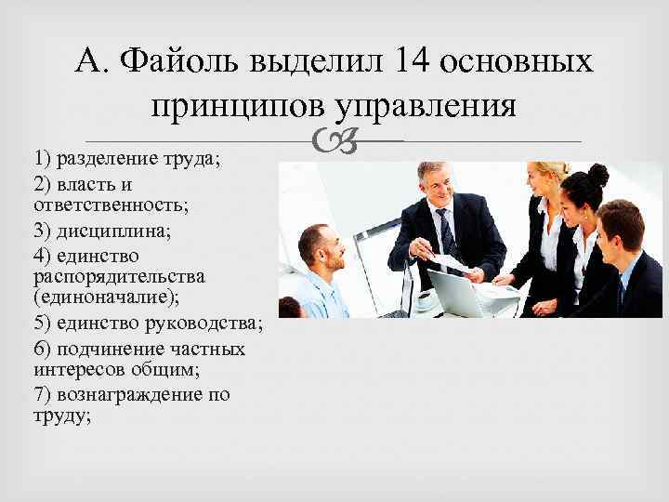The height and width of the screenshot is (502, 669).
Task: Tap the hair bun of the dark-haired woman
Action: coord(598,173)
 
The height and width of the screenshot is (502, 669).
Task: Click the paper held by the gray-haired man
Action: coord(453,263)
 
